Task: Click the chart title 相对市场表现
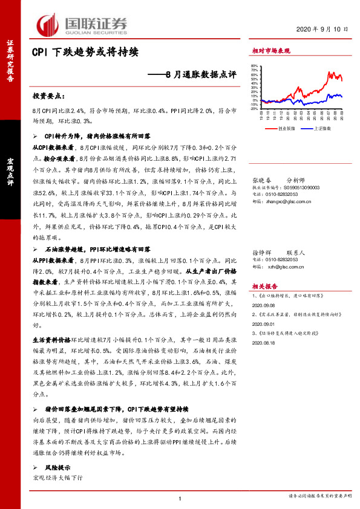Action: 270,51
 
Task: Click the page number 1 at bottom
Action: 180,498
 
